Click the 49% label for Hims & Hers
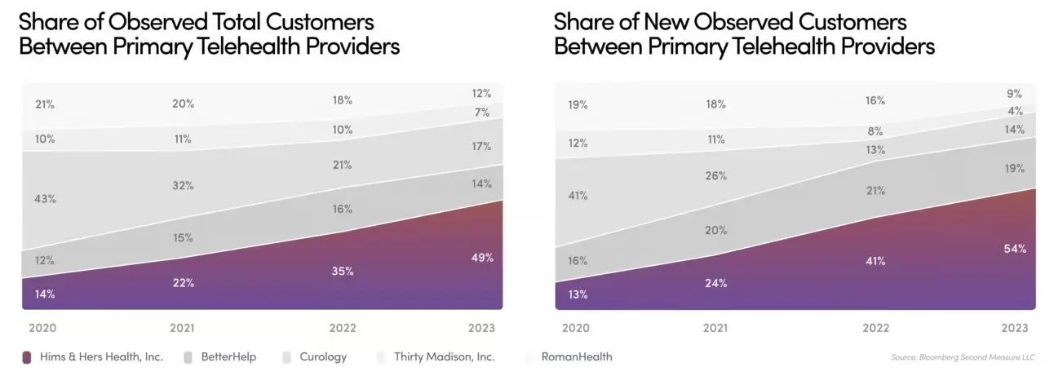481,258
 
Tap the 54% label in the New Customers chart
1015,248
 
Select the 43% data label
46,199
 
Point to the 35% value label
343,271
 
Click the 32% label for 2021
183,185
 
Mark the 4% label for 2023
1015,111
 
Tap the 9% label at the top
1014,94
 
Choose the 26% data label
716,175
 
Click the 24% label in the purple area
716,283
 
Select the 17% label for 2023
481,147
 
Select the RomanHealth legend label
575,356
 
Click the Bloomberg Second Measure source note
963,357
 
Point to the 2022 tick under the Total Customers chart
343,328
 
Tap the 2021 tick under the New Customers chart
715,328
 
